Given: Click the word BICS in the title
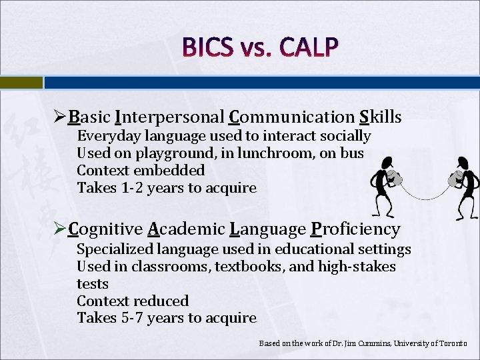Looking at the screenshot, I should click(207, 47).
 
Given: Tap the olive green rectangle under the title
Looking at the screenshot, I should click(21, 83).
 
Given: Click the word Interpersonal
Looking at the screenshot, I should click(169, 118).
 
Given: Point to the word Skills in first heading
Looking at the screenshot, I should click(380, 118).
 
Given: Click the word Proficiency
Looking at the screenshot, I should click(355, 230).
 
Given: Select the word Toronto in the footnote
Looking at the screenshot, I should click(453, 343).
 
